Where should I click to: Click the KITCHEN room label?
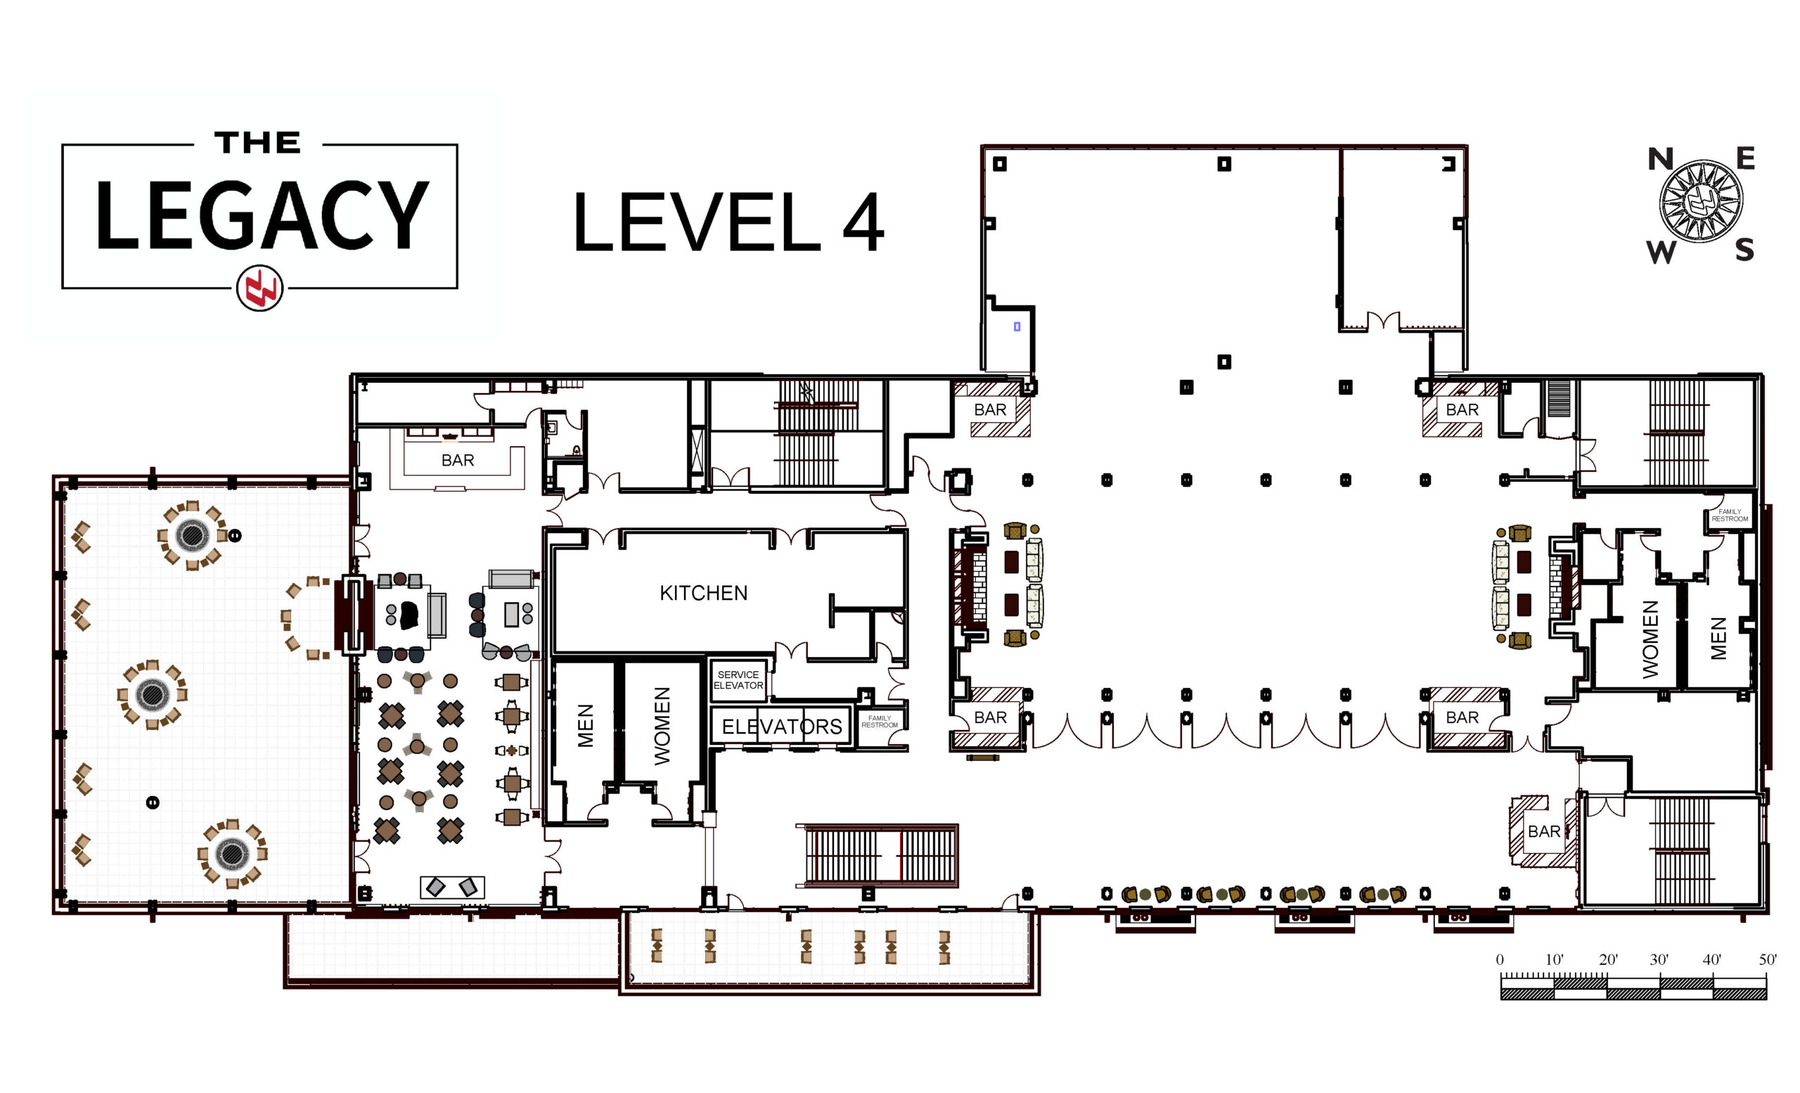tap(704, 592)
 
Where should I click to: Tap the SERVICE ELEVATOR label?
tap(738, 679)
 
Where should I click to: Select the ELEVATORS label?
tap(782, 727)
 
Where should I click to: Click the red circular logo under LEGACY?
tap(259, 289)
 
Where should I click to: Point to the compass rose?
tap(1701, 202)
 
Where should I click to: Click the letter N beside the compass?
tap(1661, 159)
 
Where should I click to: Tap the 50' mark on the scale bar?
tap(1767, 959)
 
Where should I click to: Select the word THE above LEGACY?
tap(258, 143)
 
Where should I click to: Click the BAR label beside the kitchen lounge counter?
tap(457, 460)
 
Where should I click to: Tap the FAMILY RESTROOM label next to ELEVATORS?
tap(880, 722)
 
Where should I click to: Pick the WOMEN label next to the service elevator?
tap(662, 727)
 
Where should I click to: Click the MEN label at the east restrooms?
tap(1718, 639)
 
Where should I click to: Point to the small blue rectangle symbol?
tap(1017, 326)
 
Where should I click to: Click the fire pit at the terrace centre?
tap(153, 694)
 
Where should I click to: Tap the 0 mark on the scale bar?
tap(1500, 960)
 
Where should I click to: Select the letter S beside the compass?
tap(1744, 250)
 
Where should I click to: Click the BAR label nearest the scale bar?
tap(1543, 831)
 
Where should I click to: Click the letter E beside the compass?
tap(1745, 158)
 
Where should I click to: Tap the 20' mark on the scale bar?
tap(1608, 959)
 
